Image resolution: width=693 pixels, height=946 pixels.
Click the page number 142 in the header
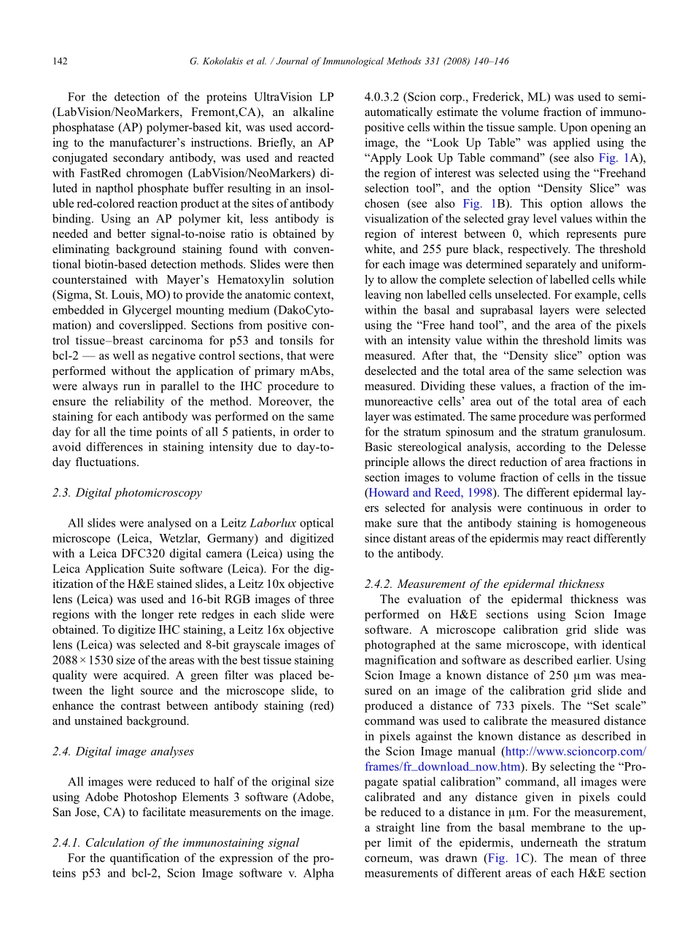click(x=60, y=62)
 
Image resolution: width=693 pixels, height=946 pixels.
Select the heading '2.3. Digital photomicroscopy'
click(x=127, y=492)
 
